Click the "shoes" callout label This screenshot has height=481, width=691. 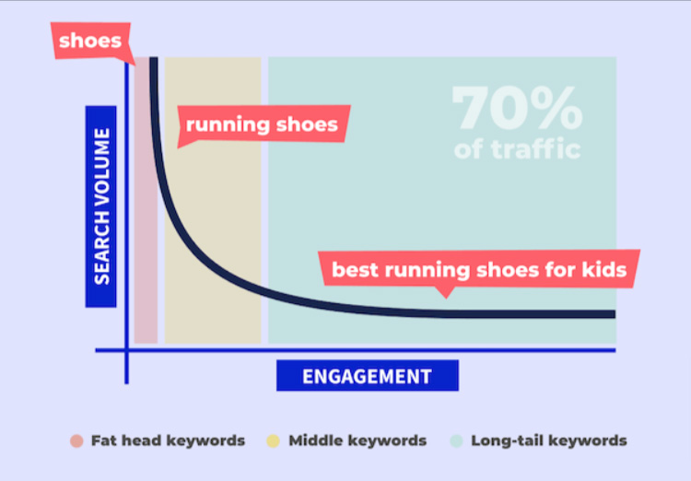(91, 41)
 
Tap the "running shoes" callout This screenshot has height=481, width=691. (263, 124)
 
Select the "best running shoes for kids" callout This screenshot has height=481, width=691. (479, 269)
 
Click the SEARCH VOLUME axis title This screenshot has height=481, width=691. (101, 206)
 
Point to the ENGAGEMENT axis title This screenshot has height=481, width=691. (368, 376)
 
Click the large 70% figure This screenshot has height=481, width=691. (518, 108)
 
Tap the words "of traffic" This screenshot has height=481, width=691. (518, 149)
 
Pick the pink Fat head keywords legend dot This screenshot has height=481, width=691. (76, 440)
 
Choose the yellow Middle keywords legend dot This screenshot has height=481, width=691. (274, 440)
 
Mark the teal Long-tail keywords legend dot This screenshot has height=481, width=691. (457, 440)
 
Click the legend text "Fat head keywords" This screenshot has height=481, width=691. (168, 440)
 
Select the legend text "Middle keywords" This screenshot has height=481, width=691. (357, 440)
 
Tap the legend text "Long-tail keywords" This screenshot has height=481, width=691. (549, 440)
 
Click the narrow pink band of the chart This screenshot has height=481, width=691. (146, 200)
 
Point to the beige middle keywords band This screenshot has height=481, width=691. (213, 200)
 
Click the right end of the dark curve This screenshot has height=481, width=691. (615, 314)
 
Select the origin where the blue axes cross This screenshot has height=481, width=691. (127, 350)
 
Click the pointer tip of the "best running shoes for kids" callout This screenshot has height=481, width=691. (446, 299)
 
